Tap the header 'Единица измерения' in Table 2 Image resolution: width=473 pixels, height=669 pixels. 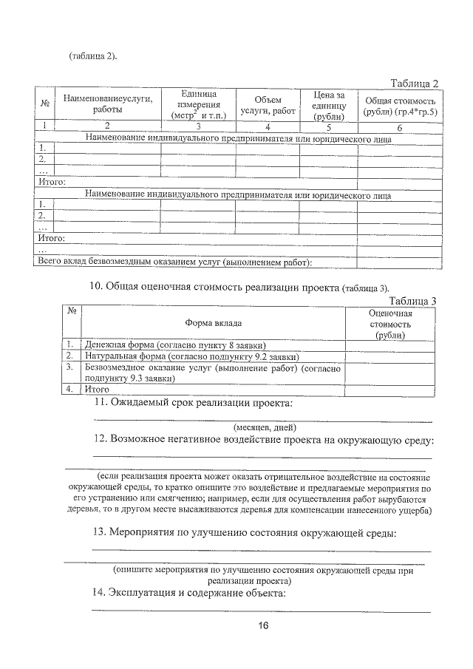point(198,104)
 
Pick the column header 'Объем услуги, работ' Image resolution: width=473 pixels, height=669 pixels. point(268,104)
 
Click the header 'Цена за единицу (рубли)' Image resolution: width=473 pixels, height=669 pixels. point(329,104)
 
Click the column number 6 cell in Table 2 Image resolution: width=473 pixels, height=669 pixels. point(399,126)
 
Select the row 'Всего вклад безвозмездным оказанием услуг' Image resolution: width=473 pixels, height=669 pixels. point(175,262)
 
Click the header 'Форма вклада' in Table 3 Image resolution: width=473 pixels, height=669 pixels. point(213,323)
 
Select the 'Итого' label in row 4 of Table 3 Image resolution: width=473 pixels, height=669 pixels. point(97,388)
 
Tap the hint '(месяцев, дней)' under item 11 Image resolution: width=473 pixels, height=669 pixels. point(265,427)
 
